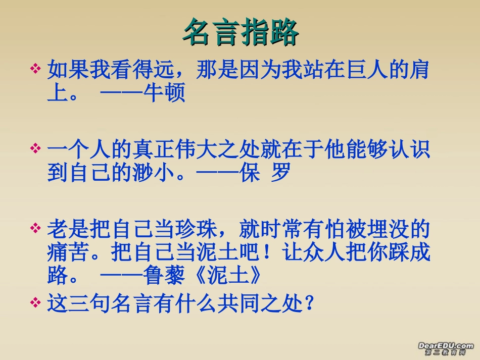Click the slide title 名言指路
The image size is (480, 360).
pyautogui.click(x=240, y=33)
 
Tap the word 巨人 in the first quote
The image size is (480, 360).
pyautogui.click(x=366, y=70)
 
